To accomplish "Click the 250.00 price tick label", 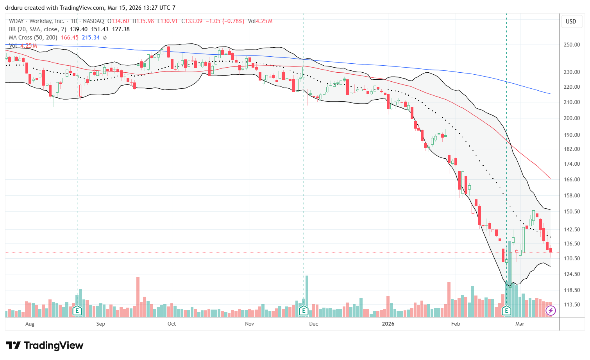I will pyautogui.click(x=571, y=45).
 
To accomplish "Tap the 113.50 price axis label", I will pyautogui.click(x=571, y=304).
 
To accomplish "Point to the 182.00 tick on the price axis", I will pyautogui.click(x=571, y=149).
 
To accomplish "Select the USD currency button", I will pyautogui.click(x=571, y=21).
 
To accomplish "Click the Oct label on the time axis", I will pyautogui.click(x=172, y=324).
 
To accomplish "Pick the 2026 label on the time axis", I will pyautogui.click(x=388, y=324).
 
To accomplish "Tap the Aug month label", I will pyautogui.click(x=30, y=324).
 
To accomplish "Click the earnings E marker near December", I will pyautogui.click(x=304, y=311).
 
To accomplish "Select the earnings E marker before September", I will pyautogui.click(x=77, y=311).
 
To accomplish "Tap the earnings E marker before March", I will pyautogui.click(x=506, y=311).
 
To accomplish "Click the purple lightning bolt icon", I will pyautogui.click(x=551, y=311).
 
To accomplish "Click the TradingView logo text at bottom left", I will pyautogui.click(x=45, y=346).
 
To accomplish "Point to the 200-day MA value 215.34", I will pyautogui.click(x=91, y=38).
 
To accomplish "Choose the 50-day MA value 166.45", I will pyautogui.click(x=70, y=38).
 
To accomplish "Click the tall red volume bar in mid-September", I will pyautogui.click(x=138, y=297).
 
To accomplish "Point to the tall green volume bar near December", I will pyautogui.click(x=307, y=296).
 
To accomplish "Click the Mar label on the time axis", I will pyautogui.click(x=520, y=324).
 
